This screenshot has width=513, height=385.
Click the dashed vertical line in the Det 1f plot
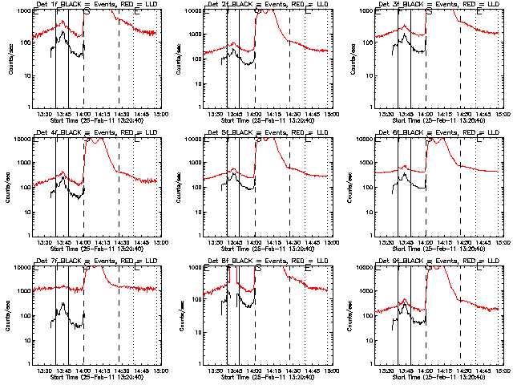119,64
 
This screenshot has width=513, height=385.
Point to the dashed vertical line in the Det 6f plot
460,192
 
